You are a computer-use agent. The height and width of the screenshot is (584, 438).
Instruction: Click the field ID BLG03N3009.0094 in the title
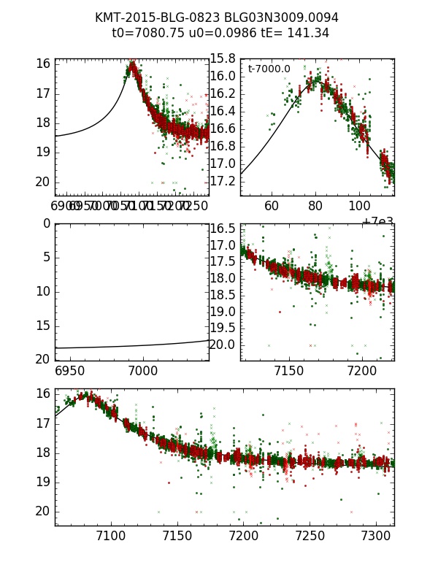pyautogui.click(x=280, y=18)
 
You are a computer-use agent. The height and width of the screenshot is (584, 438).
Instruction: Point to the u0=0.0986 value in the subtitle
pyautogui.click(x=216, y=34)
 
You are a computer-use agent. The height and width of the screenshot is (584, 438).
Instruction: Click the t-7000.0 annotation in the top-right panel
pyautogui.click(x=269, y=69)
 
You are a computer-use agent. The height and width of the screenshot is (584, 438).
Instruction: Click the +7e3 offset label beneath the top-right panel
pyautogui.click(x=378, y=221)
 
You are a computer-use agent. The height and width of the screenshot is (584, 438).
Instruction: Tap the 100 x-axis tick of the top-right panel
pyautogui.click(x=359, y=207)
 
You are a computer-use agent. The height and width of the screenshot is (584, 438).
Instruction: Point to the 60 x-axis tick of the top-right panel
pyautogui.click(x=272, y=207)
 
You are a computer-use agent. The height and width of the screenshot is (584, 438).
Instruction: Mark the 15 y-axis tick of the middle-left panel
pyautogui.click(x=44, y=326)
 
